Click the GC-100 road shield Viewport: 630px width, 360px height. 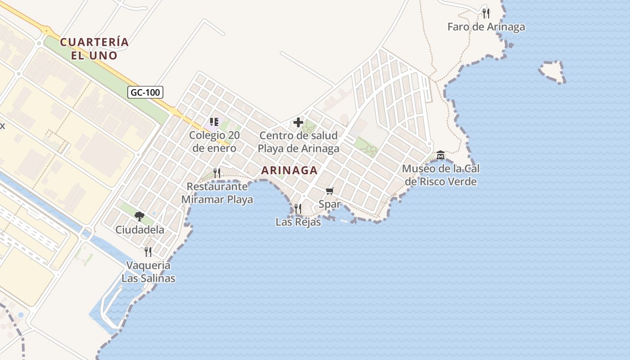tap(145, 93)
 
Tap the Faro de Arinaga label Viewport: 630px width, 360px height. tap(486, 27)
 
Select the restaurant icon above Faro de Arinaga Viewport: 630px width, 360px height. tap(486, 13)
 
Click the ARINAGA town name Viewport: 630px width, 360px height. tap(289, 170)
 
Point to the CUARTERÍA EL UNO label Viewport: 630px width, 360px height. tap(94, 49)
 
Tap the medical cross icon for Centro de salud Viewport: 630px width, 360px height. tap(298, 122)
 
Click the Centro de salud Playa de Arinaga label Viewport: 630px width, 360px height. tap(298, 142)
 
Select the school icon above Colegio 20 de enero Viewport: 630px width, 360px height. tap(214, 121)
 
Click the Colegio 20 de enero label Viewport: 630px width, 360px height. tap(214, 142)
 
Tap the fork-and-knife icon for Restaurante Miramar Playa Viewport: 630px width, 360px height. tap(217, 173)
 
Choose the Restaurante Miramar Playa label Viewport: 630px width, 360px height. tap(217, 193)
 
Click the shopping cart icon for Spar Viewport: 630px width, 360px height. tap(329, 191)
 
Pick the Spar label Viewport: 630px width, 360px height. tap(329, 204)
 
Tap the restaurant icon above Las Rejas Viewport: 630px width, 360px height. tap(298, 208)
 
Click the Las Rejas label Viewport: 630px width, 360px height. tap(298, 222)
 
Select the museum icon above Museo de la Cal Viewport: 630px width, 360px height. tap(441, 155)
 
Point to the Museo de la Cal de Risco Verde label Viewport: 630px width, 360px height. tap(441, 175)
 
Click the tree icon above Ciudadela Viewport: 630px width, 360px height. tap(139, 216)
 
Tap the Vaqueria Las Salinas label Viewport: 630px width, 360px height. tap(148, 272)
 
